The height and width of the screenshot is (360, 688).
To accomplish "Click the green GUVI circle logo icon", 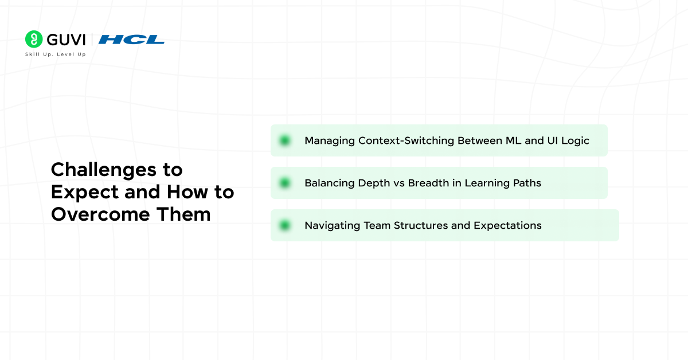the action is (34, 39).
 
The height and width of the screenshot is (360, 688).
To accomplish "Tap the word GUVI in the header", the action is (66, 40).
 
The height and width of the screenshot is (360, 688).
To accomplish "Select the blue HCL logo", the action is (131, 40).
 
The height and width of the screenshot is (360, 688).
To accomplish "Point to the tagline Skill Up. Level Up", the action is (56, 54).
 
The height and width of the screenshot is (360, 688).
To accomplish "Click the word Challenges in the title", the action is (104, 170).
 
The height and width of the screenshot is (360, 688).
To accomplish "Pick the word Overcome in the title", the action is (100, 214).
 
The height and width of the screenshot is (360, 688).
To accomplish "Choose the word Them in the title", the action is (183, 214).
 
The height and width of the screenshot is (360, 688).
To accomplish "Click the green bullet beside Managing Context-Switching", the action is (285, 140).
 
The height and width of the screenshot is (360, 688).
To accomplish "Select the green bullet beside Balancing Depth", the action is (285, 183).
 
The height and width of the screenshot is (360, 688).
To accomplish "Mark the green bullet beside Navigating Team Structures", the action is (285, 225).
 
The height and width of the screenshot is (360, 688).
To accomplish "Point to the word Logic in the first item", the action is (575, 141).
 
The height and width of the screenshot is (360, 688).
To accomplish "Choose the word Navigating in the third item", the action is (333, 226).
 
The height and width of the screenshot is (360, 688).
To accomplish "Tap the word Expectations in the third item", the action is (507, 226).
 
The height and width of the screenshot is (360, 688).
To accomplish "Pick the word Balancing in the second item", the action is (329, 183).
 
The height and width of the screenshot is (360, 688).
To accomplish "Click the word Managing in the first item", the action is (329, 141).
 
